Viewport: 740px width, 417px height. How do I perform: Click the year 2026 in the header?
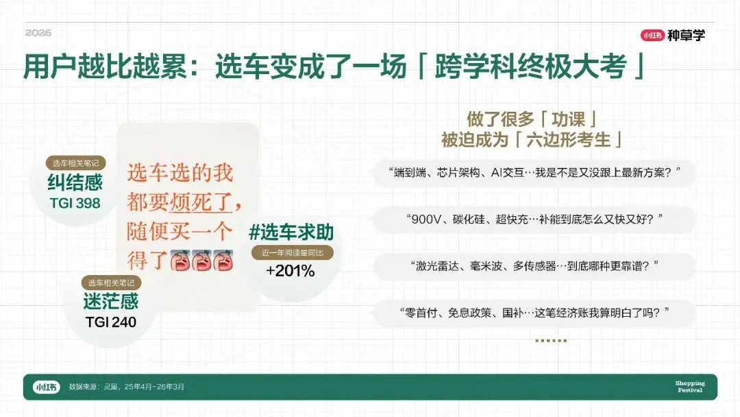pyautogui.click(x=38, y=33)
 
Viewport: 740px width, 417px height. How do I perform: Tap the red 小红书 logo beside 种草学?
pyautogui.click(x=652, y=35)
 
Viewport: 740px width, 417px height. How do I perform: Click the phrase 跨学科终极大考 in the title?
pyautogui.click(x=530, y=67)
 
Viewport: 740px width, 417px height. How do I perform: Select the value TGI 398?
pyautogui.click(x=75, y=203)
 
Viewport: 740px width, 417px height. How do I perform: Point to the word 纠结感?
pyautogui.click(x=75, y=182)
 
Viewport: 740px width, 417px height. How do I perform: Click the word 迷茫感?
pyautogui.click(x=111, y=301)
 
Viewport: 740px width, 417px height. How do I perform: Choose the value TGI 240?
pyautogui.click(x=111, y=322)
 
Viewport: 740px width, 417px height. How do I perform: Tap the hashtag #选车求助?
pyautogui.click(x=291, y=233)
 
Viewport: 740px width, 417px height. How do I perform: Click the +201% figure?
pyautogui.click(x=291, y=271)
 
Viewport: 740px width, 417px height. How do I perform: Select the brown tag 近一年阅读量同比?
pyautogui.click(x=292, y=252)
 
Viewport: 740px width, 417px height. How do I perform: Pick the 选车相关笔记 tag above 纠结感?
pyautogui.click(x=75, y=163)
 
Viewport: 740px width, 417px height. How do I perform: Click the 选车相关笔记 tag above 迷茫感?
pyautogui.click(x=112, y=283)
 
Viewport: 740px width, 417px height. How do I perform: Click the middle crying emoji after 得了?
pyautogui.click(x=201, y=260)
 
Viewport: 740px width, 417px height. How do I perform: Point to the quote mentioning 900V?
pyautogui.click(x=534, y=219)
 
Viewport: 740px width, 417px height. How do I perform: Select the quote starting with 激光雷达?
pyautogui.click(x=534, y=266)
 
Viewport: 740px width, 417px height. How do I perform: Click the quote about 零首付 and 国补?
pyautogui.click(x=534, y=312)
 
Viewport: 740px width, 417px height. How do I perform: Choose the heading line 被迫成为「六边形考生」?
pyautogui.click(x=532, y=140)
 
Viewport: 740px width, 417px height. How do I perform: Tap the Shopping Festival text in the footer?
pyautogui.click(x=690, y=386)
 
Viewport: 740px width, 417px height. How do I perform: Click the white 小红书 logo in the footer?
pyautogui.click(x=47, y=387)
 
